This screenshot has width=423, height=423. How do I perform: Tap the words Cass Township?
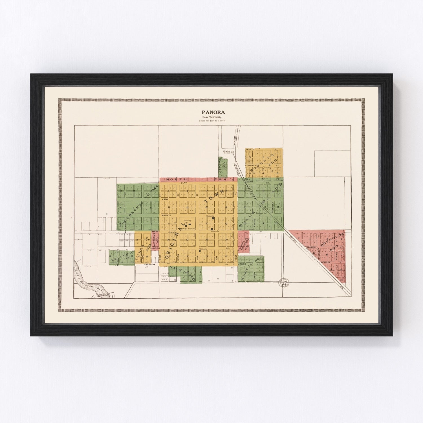[x=211, y=117]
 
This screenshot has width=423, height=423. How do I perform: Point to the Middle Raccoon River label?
[x=91, y=282]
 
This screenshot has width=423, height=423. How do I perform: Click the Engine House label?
[x=227, y=152]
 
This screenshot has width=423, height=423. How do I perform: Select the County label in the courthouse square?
[x=187, y=221]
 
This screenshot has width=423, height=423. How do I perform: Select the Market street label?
[x=166, y=215]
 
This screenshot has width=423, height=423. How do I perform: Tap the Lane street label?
[x=165, y=199]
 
